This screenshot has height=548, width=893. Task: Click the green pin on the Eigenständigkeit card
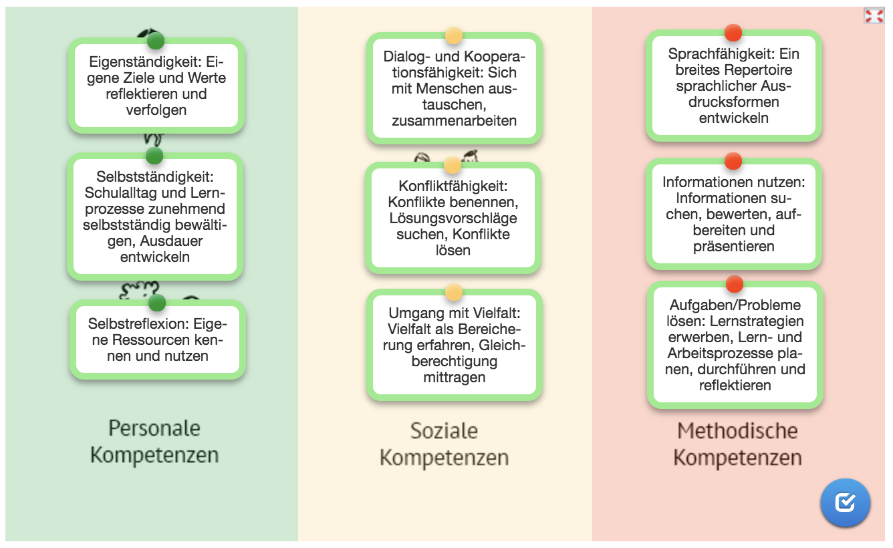pyautogui.click(x=156, y=41)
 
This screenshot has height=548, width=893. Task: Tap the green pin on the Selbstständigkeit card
pyautogui.click(x=154, y=156)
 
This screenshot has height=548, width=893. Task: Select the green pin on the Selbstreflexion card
pyautogui.click(x=157, y=303)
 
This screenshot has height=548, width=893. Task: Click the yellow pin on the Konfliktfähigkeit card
pyautogui.click(x=453, y=166)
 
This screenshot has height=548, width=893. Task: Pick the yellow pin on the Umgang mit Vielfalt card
pyautogui.click(x=454, y=292)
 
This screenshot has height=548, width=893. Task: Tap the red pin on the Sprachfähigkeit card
pyautogui.click(x=733, y=32)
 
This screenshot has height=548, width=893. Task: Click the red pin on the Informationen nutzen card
pyautogui.click(x=733, y=161)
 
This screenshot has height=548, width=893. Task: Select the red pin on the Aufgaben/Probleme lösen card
pyautogui.click(x=735, y=284)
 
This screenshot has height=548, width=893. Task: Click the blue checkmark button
pyautogui.click(x=845, y=502)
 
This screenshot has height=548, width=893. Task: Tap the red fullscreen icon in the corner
pyautogui.click(x=874, y=16)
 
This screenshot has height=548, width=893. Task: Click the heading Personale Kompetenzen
pyautogui.click(x=154, y=441)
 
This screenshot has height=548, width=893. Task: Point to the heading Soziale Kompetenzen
pyautogui.click(x=444, y=444)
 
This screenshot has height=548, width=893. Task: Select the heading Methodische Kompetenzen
pyautogui.click(x=737, y=444)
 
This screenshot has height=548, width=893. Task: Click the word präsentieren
pyautogui.click(x=733, y=247)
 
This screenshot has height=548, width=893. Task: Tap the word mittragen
pyautogui.click(x=454, y=378)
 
